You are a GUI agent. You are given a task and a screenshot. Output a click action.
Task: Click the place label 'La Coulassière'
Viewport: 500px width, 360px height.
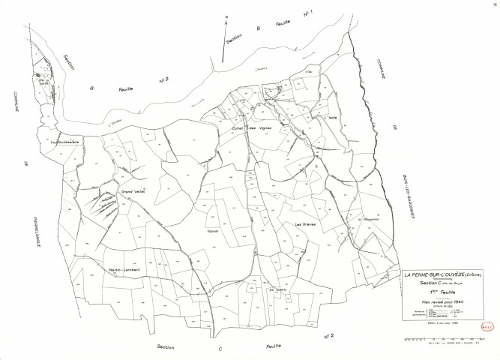[x=65, y=140]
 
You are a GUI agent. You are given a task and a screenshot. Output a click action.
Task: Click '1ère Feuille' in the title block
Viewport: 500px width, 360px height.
[x=442, y=292]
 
